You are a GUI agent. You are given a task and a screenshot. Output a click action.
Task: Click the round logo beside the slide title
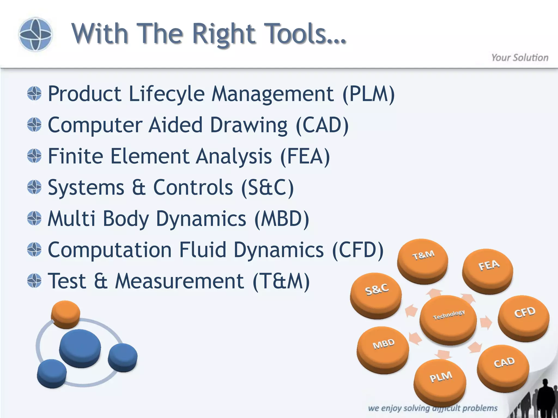[35, 34]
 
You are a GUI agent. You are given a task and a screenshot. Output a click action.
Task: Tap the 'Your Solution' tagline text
[520, 58]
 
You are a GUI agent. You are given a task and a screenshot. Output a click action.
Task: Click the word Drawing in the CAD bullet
[248, 125]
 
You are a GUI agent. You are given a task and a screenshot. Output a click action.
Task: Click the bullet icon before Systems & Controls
[34, 187]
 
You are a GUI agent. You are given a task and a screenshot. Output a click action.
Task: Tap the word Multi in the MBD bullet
[71, 219]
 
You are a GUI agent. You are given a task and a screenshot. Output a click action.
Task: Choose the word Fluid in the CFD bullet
[203, 250]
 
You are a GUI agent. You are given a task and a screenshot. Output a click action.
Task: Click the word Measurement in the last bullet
[179, 281]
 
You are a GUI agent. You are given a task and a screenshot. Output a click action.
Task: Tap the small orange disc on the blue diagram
[66, 313]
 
